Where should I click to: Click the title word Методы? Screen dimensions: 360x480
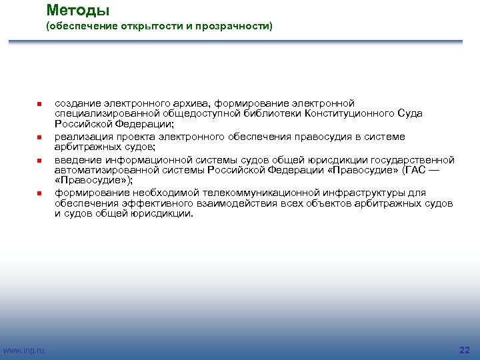(78, 11)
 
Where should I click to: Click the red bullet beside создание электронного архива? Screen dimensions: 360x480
(39, 104)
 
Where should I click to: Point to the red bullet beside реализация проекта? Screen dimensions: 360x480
(39, 137)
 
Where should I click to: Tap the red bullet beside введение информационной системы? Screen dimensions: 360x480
(39, 161)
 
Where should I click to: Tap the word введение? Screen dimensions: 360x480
(77, 160)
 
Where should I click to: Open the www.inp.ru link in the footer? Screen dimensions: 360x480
(24, 350)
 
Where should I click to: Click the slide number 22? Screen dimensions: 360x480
(465, 350)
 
